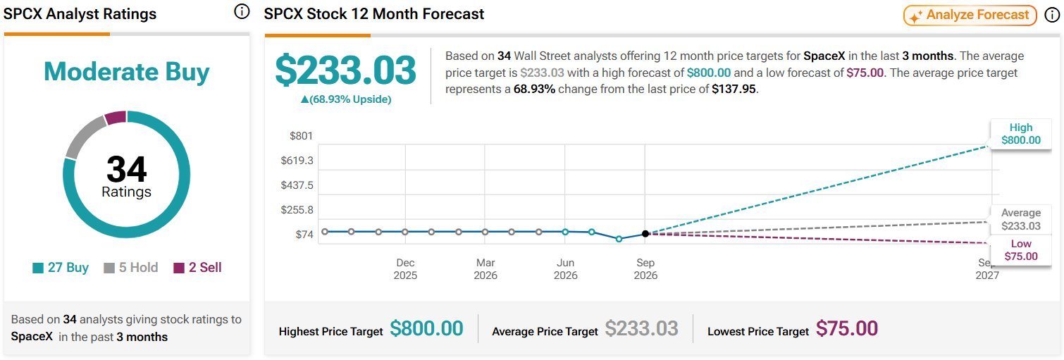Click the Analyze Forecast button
pyautogui.click(x=970, y=15)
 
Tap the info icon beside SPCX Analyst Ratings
pyautogui.click(x=242, y=11)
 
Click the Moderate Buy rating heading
pyautogui.click(x=127, y=72)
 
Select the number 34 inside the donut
pyautogui.click(x=127, y=168)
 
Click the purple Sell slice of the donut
pyautogui.click(x=116, y=118)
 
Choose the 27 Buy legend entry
pyautogui.click(x=61, y=268)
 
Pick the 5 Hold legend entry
pyautogui.click(x=130, y=268)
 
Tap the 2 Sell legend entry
pyautogui.click(x=197, y=268)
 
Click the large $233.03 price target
pyautogui.click(x=346, y=70)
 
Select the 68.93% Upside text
pyautogui.click(x=346, y=99)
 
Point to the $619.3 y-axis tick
pyautogui.click(x=297, y=161)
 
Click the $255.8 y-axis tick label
pyautogui.click(x=297, y=210)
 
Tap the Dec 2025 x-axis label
pyautogui.click(x=405, y=269)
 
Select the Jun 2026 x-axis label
pyautogui.click(x=565, y=269)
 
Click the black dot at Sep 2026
pyautogui.click(x=645, y=234)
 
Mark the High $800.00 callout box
pyautogui.click(x=1021, y=134)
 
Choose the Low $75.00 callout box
pyautogui.click(x=1021, y=250)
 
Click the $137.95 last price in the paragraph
pyautogui.click(x=734, y=89)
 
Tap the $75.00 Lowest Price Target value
pyautogui.click(x=847, y=329)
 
